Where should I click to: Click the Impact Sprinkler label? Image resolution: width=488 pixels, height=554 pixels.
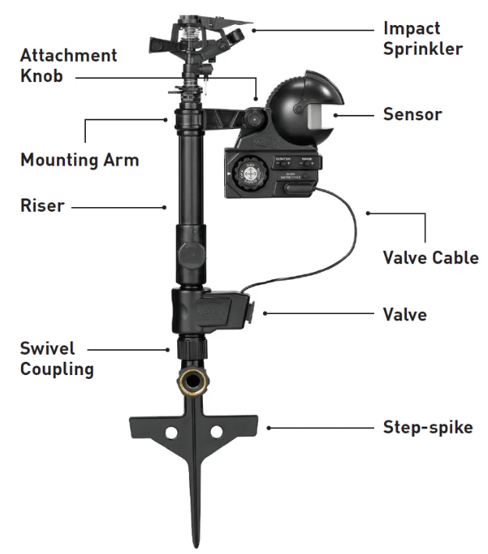coord(422,38)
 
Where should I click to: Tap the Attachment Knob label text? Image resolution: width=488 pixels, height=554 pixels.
coord(69,66)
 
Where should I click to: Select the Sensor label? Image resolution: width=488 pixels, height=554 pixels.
coord(412,114)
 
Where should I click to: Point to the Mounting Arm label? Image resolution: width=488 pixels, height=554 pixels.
coord(80,161)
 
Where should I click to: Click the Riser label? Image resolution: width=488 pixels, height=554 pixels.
coord(42,206)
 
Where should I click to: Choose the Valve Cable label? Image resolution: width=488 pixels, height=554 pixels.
coord(430,257)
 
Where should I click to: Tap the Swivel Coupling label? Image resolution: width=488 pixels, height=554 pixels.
coord(57,359)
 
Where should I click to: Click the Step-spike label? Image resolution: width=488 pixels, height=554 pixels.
coord(427,427)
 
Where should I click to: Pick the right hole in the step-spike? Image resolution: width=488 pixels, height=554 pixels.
coord(216,431)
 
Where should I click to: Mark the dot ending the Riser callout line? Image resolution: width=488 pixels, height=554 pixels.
coord(166,207)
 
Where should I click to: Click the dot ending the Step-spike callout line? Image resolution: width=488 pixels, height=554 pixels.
coord(268,427)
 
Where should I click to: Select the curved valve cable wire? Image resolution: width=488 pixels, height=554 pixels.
coord(347,242)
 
